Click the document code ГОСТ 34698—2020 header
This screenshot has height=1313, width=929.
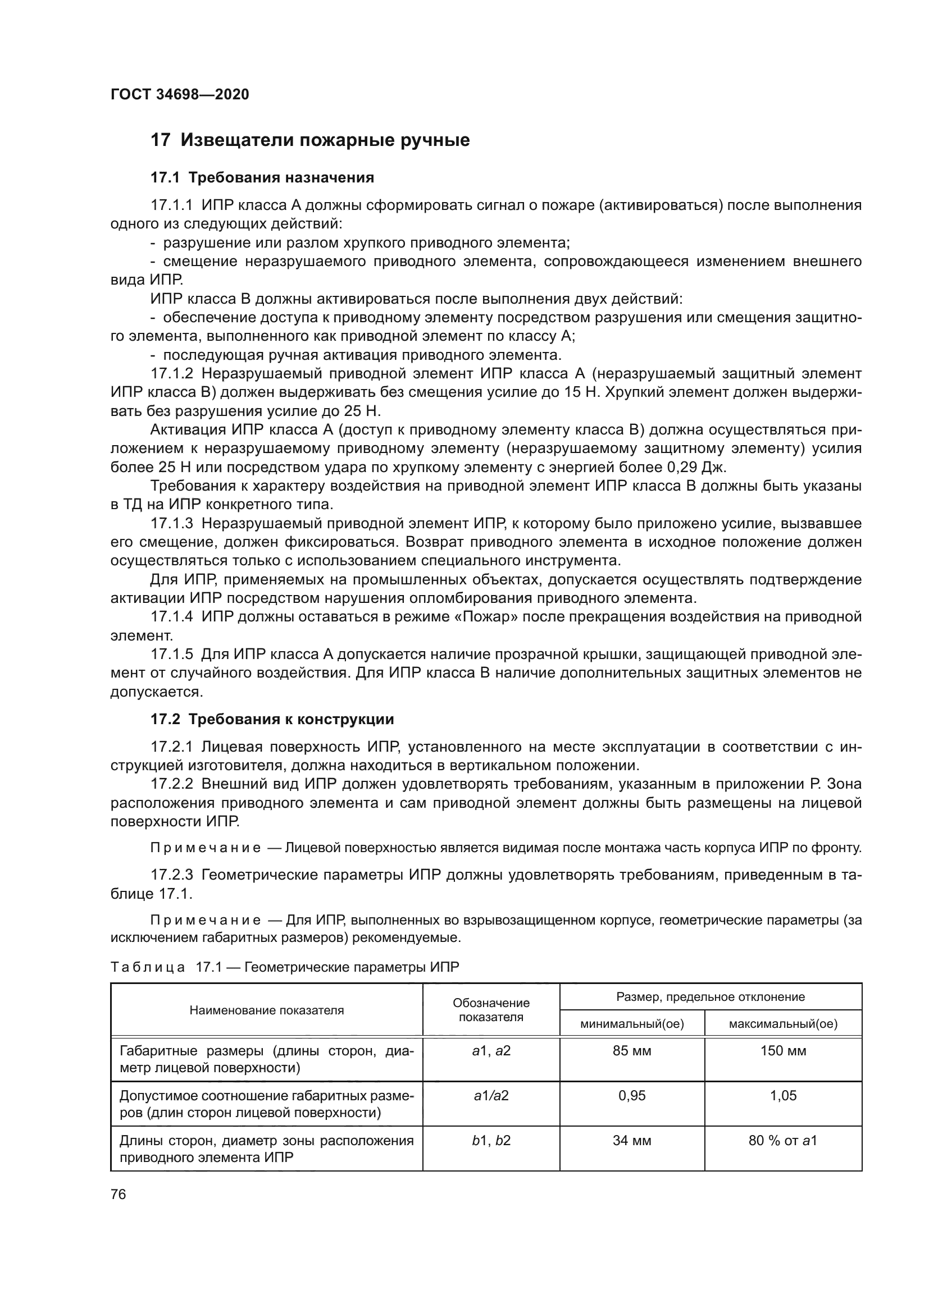[x=180, y=94]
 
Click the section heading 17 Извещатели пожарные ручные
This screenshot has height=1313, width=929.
[x=309, y=140]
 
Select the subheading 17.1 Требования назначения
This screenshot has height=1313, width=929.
[x=262, y=178]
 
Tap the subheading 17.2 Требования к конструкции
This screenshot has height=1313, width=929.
[x=272, y=719]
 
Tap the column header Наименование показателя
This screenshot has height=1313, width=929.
[x=267, y=1010]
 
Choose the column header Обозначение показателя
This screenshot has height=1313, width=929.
[x=491, y=1010]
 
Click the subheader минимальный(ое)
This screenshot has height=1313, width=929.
[x=631, y=1024]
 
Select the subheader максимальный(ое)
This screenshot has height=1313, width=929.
[x=782, y=1024]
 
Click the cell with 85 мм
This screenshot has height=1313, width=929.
[x=631, y=1050]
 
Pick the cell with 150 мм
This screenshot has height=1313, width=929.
[x=782, y=1050]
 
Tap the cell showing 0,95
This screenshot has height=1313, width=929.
[x=631, y=1095]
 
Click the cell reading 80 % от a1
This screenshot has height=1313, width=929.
[x=782, y=1140]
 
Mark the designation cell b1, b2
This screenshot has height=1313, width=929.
[x=491, y=1140]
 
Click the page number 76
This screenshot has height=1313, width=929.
[x=119, y=1194]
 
